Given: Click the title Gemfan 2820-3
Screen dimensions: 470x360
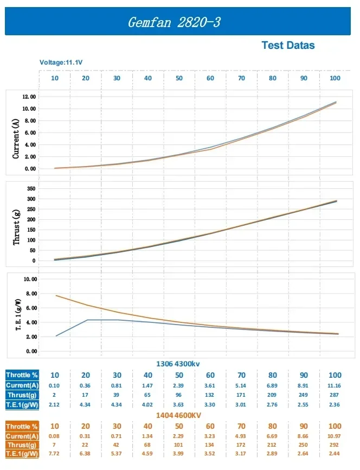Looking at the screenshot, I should (174, 22).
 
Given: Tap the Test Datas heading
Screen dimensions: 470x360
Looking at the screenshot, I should (288, 46).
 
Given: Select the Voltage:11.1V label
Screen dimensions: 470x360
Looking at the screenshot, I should (61, 62).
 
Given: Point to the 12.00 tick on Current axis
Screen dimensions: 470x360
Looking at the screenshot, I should (29, 97).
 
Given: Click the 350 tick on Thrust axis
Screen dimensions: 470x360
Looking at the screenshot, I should (31, 188).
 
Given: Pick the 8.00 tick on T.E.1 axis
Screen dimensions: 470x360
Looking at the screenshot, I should (29, 294).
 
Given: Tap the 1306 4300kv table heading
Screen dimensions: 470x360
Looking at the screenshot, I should (179, 363).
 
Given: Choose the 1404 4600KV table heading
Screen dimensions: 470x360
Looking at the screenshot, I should (179, 415).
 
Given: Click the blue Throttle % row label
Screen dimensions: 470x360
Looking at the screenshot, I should (22, 375).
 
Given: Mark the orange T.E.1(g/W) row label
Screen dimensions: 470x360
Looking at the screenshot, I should (22, 453).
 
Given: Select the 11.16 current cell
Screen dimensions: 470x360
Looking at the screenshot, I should (335, 385).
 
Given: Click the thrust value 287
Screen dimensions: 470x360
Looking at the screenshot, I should (335, 394).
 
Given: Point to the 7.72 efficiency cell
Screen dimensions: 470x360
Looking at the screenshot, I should (55, 453).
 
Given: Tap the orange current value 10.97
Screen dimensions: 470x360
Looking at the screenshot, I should (335, 436).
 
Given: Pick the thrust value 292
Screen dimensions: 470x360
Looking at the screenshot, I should (335, 445).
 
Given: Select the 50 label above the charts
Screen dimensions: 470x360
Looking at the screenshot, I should (179, 78).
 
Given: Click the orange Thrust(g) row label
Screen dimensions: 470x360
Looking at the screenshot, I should (22, 445).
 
